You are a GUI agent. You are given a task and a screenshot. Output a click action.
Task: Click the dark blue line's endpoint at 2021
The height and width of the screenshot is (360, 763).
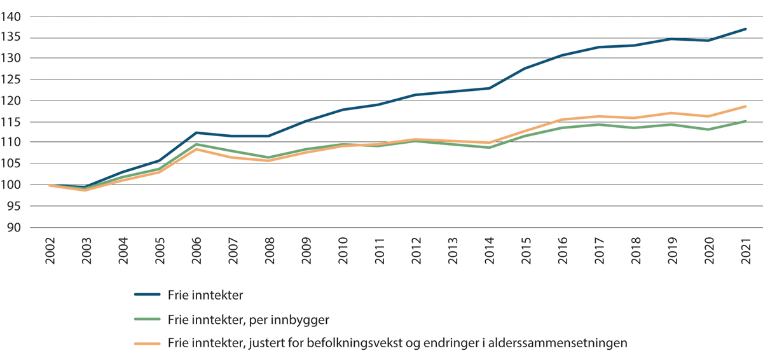click(x=745, y=29)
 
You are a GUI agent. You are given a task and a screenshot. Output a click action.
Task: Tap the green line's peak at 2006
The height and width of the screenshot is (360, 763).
click(x=196, y=144)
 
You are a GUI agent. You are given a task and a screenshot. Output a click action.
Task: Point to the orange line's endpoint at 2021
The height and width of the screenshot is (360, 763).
click(x=745, y=106)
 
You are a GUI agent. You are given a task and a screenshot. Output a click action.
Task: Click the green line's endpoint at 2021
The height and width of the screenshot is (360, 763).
click(x=745, y=121)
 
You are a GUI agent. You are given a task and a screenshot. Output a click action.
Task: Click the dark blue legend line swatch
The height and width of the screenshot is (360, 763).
click(x=149, y=294)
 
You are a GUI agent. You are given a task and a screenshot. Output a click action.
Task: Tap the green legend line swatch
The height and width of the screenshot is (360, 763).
click(x=149, y=319)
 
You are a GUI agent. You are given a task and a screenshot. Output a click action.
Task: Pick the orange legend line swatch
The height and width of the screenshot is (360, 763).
click(x=149, y=343)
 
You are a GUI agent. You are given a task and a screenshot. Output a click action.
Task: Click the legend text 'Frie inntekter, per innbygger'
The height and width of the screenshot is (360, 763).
click(x=248, y=319)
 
